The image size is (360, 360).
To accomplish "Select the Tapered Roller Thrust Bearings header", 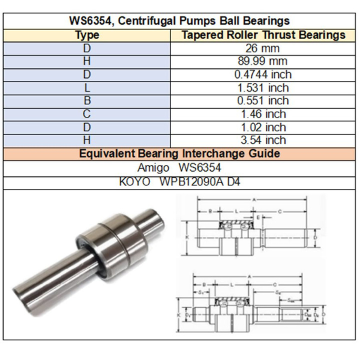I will (x=263, y=35).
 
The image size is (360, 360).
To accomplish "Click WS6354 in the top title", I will (x=92, y=22).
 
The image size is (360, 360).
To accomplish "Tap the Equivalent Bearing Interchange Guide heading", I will (x=180, y=154).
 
